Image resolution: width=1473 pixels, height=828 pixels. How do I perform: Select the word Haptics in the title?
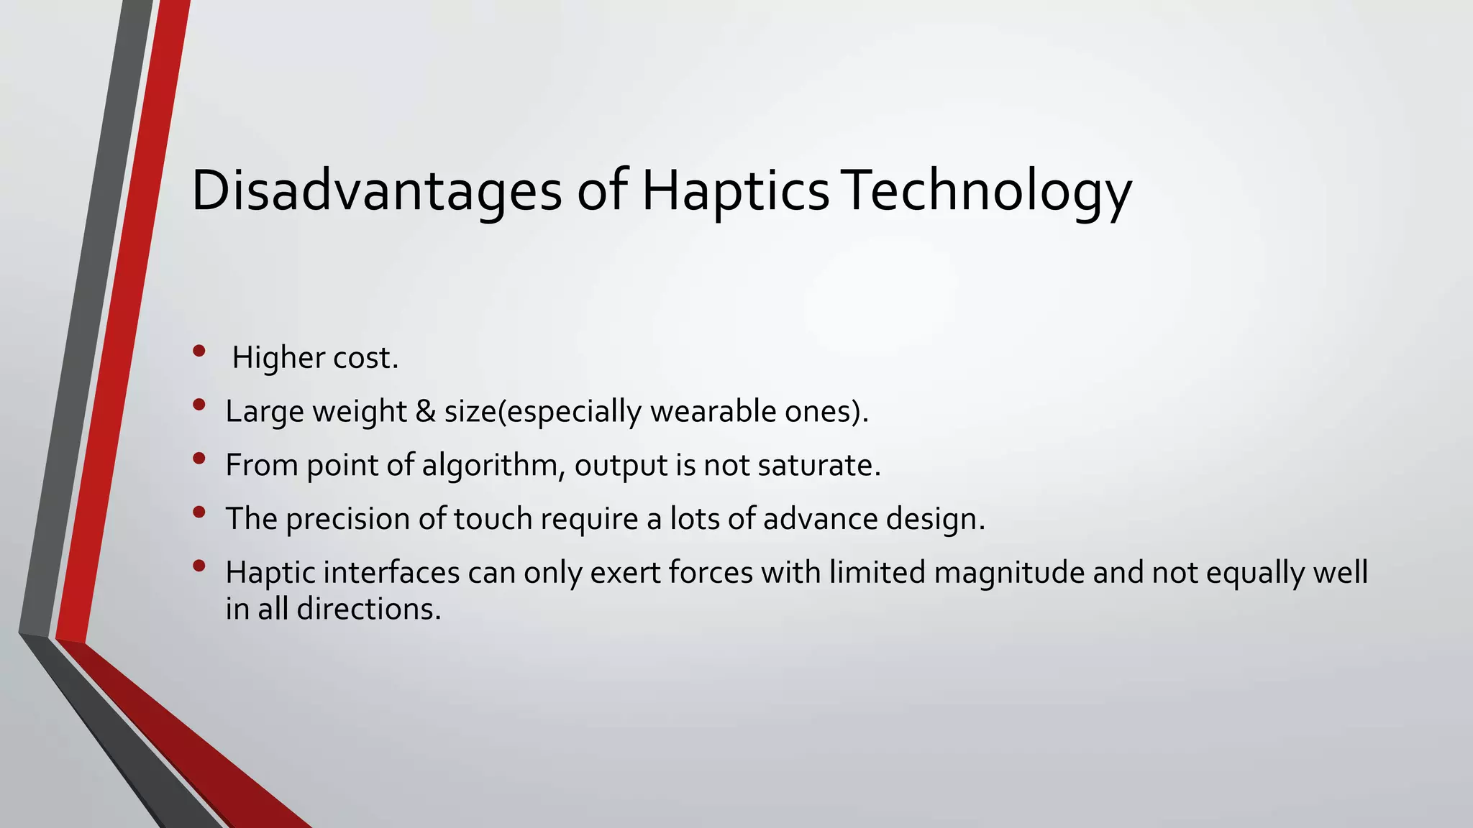pos(735,190)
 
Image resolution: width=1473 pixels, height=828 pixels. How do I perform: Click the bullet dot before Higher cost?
pos(199,351)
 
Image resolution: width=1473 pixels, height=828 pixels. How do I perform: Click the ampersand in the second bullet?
pos(426,411)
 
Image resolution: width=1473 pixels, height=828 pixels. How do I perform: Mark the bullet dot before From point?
pos(199,458)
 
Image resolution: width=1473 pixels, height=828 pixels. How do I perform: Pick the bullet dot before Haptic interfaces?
pos(199,566)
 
